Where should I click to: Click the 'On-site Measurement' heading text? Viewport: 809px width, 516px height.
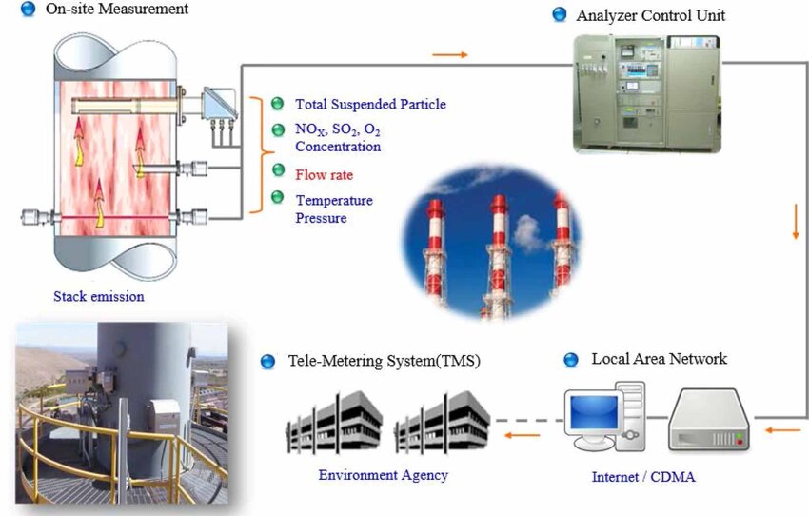[116, 10]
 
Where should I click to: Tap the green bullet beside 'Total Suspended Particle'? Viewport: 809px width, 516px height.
[277, 104]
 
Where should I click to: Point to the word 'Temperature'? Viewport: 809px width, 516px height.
[333, 201]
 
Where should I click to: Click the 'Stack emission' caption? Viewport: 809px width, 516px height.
[99, 296]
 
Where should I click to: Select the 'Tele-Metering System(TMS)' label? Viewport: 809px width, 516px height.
[384, 362]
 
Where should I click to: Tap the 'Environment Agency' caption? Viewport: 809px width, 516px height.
[383, 475]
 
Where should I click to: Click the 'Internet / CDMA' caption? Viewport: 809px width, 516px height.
[644, 476]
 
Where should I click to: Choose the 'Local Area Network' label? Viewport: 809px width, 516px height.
[659, 359]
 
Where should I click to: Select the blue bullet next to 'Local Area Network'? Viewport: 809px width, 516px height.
[571, 360]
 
